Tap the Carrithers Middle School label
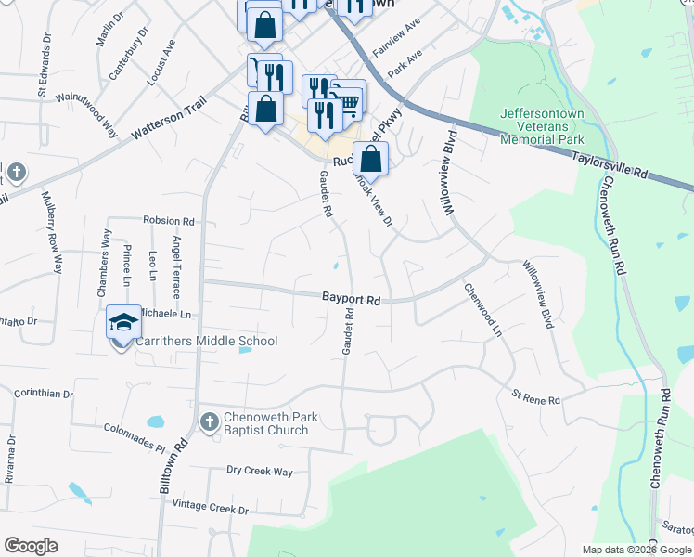pos(207,342)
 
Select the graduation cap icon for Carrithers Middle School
pos(122,321)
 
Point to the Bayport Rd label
pos(352,300)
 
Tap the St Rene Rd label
pos(536,399)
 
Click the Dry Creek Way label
pos(260,472)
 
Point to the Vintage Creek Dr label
pos(211,510)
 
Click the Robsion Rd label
pos(169,222)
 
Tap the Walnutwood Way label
pos(86,110)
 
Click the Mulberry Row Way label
pos(53,232)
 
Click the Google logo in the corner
pos(31,546)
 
